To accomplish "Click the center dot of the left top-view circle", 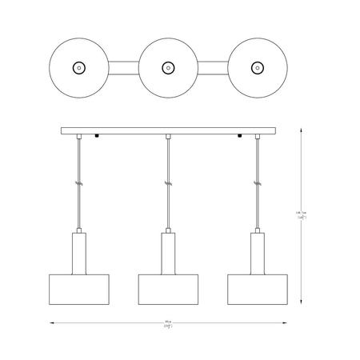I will click(x=78, y=68).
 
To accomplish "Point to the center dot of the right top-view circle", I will click(x=257, y=68).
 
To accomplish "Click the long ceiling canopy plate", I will click(x=167, y=131).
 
